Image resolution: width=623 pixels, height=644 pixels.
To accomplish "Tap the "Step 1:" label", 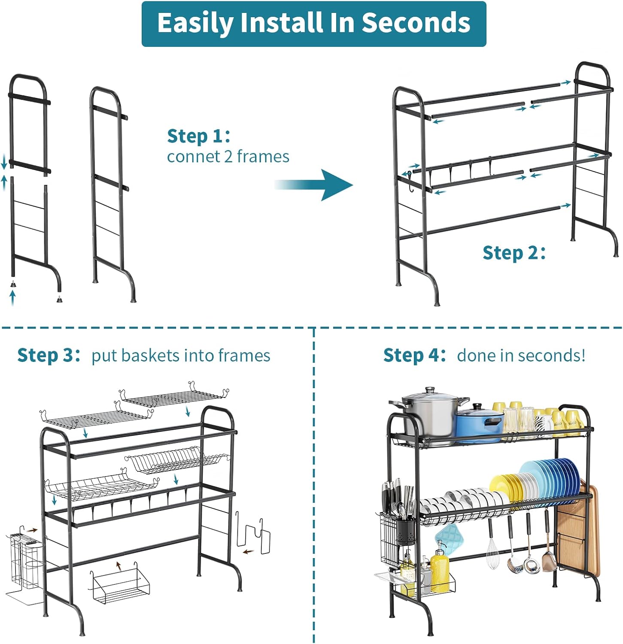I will [x=198, y=136].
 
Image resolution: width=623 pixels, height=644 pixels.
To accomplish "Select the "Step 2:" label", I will [x=514, y=252].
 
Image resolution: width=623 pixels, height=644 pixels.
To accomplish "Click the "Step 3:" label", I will [x=49, y=355].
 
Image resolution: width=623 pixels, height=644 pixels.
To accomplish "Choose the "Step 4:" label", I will [x=414, y=355].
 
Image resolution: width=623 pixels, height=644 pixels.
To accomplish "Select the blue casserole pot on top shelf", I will [x=479, y=423].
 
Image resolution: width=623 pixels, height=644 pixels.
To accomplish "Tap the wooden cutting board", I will [x=577, y=532].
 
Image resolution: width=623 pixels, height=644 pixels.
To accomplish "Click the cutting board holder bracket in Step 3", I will [x=253, y=535].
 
